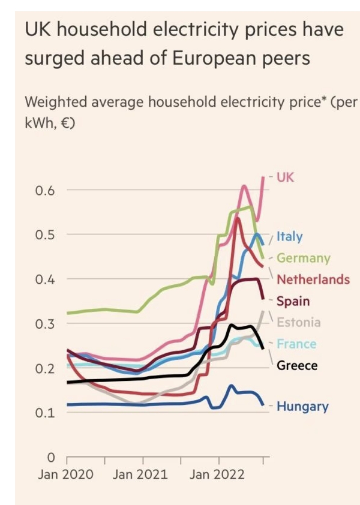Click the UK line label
pos(285,177)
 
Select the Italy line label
pos(290,236)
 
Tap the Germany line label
pos(303,258)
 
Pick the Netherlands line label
pos(313,279)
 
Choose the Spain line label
pos(293,301)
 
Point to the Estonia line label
pos(299,322)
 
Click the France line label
pos(296,344)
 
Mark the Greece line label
pos(297,366)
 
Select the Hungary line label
pos(302,406)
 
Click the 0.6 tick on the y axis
pos(45,191)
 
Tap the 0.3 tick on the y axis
pos(45,324)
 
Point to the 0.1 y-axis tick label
pos(45,413)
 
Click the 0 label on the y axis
pos(51,457)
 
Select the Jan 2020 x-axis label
pos(65,474)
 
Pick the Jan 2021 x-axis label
pos(140,474)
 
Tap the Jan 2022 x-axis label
pos(217,474)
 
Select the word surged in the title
pos(55,59)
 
